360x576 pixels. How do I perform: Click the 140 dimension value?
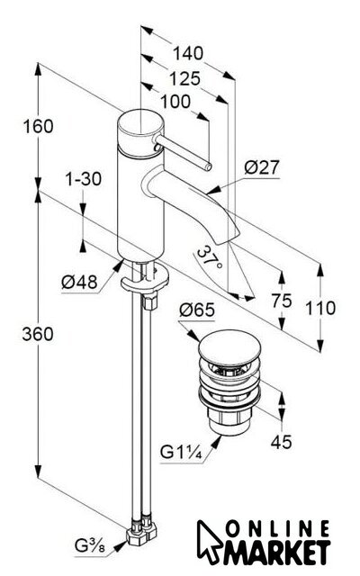coord(188,54)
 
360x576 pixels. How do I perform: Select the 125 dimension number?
coord(185,79)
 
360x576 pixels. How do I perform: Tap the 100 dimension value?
coord(175,102)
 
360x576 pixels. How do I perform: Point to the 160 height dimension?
coord(38,126)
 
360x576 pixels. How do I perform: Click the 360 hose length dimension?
coord(38,334)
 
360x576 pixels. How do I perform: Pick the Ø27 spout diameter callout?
coord(262,167)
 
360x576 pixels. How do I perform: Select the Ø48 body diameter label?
coord(79,282)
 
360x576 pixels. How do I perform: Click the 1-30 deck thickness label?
coord(84,179)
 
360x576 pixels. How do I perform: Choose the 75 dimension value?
coord(282,301)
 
